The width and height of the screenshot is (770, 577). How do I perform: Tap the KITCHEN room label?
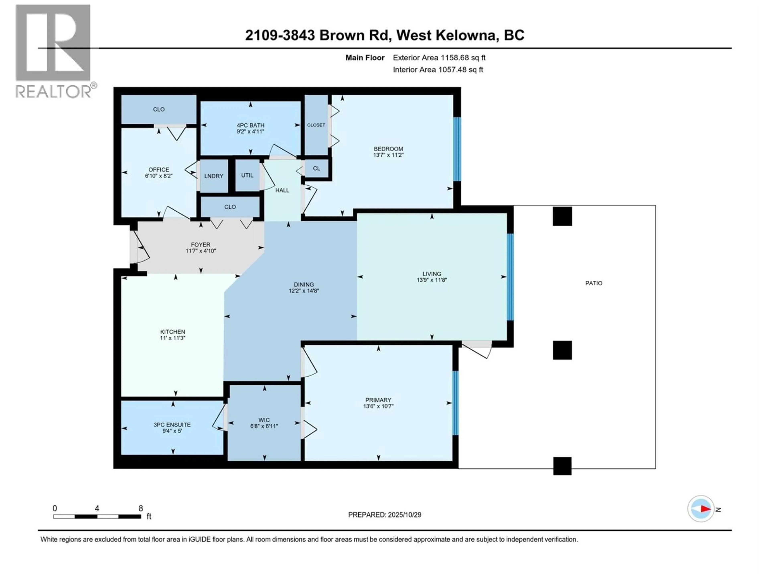(173, 332)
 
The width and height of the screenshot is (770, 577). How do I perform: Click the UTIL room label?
(247, 175)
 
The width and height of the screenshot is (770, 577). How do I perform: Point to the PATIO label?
(594, 283)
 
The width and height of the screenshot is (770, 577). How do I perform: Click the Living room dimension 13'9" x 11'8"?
(432, 280)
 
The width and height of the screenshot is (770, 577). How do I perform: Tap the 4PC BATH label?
(250, 125)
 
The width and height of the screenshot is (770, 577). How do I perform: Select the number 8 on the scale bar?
(141, 508)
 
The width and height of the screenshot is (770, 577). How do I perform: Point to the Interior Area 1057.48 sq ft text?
(438, 70)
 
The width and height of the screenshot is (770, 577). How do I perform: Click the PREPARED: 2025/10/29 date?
(385, 515)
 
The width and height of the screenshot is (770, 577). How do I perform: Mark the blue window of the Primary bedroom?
(455, 403)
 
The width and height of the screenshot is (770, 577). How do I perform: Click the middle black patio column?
(562, 350)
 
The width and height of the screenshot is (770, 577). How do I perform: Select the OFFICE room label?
(159, 170)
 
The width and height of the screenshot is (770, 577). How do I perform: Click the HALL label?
(282, 190)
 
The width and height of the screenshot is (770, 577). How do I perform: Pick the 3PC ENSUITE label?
(172, 425)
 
